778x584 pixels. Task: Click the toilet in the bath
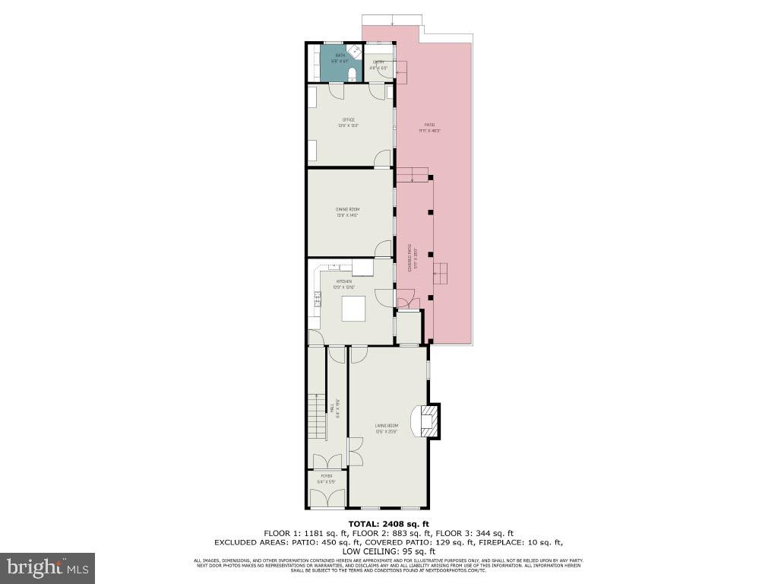pos(351,74)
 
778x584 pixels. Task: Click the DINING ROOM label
pos(348,211)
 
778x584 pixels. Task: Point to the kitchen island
pos(354,309)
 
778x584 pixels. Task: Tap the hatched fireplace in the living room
pos(430,421)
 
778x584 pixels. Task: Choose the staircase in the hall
pos(316,416)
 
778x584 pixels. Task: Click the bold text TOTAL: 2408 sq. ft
pos(388,523)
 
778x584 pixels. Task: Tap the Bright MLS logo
pos(47,567)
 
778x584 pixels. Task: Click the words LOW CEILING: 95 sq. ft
pos(388,551)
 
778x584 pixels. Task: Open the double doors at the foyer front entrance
pos(327,498)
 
